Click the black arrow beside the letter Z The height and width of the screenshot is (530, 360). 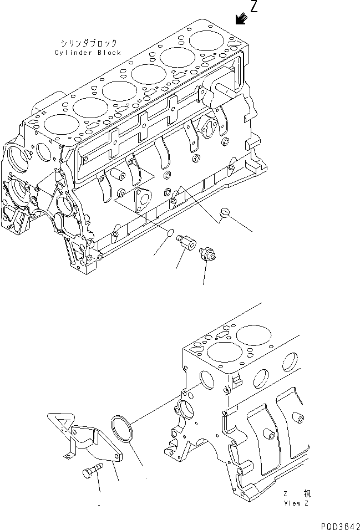tap(241, 19)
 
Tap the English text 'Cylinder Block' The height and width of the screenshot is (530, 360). tap(88, 52)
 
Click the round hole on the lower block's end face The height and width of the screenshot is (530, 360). tap(205, 378)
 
